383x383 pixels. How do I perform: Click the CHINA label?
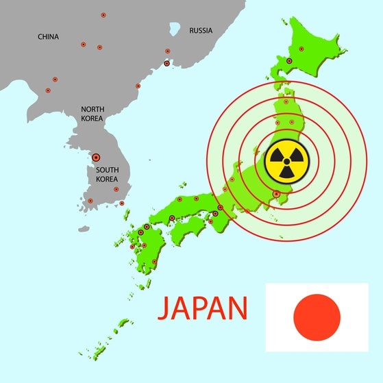[49, 36]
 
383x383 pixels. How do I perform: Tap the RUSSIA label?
[201, 30]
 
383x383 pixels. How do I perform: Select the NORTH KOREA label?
[92, 114]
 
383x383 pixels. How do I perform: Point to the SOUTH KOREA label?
[108, 174]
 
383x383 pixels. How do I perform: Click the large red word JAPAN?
[203, 308]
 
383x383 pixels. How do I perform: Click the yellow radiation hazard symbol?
[287, 162]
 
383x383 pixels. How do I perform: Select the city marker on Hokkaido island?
[289, 61]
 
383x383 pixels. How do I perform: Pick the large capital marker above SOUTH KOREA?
[96, 157]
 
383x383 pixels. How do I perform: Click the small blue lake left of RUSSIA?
[175, 29]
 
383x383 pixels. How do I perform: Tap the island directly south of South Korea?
[84, 229]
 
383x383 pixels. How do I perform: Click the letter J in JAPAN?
[165, 308]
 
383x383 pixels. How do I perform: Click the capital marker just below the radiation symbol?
[276, 194]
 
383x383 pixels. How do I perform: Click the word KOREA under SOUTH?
[108, 179]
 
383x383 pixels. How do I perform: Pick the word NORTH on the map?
[92, 110]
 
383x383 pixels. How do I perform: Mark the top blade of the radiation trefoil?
[287, 151]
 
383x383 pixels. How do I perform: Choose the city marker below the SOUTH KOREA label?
[116, 189]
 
